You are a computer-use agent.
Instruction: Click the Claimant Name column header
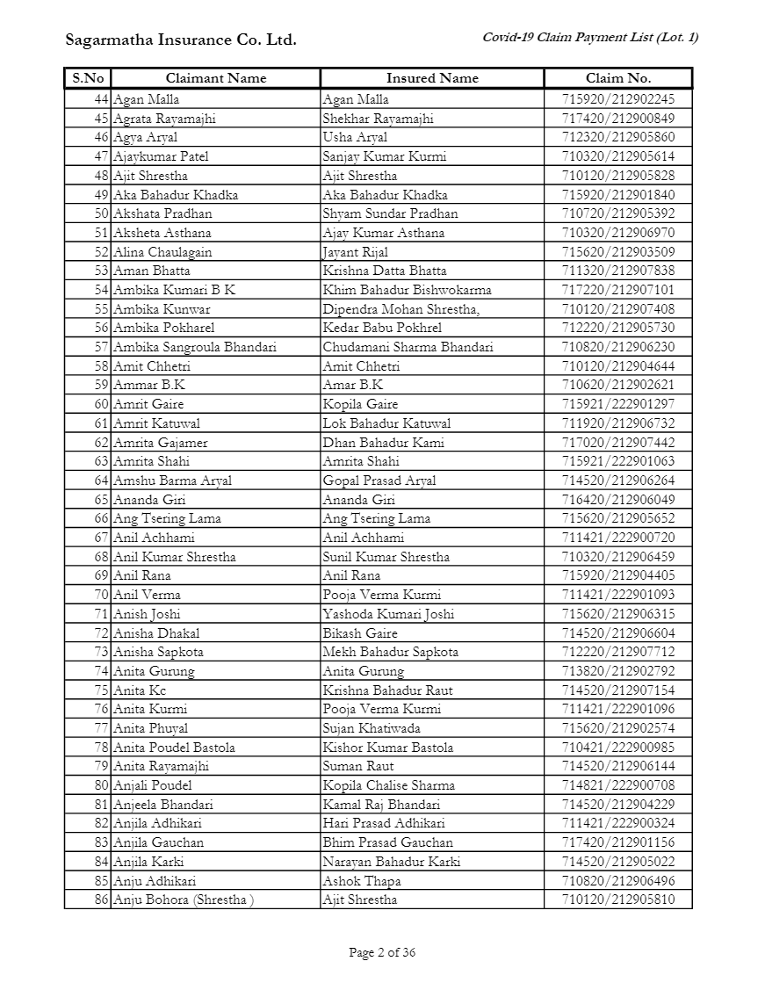click(215, 78)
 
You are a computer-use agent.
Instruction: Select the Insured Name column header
click(432, 78)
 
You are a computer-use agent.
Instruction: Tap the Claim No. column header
click(618, 78)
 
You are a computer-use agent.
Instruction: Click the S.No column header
click(88, 78)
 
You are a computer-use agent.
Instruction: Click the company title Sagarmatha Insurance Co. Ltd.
click(181, 40)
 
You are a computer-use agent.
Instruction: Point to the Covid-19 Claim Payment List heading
click(590, 37)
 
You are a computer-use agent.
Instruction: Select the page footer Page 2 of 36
click(382, 952)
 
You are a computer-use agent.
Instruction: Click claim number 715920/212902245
click(618, 99)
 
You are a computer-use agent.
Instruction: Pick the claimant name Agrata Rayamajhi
click(164, 119)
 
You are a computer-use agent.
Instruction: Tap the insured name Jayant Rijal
click(355, 252)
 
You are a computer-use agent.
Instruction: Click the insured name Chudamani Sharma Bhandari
click(408, 347)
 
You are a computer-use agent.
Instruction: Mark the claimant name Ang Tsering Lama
click(167, 518)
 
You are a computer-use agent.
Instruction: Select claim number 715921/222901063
click(618, 461)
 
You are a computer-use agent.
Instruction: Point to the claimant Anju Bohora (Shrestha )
click(183, 900)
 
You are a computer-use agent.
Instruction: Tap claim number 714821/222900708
click(618, 785)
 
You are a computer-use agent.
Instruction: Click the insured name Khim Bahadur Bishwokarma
click(407, 290)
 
